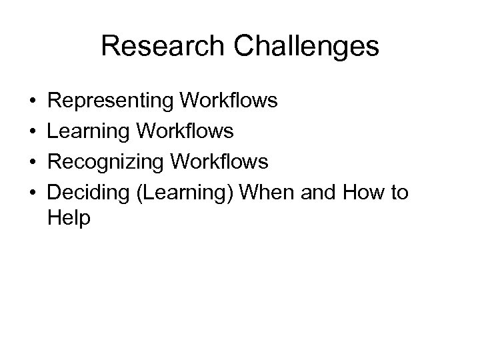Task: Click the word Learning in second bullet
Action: click(89, 131)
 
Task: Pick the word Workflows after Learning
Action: click(185, 131)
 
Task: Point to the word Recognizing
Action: click(107, 162)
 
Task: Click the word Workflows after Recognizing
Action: click(220, 162)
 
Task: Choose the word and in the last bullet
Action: click(319, 193)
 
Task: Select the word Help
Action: click(69, 218)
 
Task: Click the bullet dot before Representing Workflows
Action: click(33, 101)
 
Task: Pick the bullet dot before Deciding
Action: click(33, 193)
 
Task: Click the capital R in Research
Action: click(110, 47)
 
